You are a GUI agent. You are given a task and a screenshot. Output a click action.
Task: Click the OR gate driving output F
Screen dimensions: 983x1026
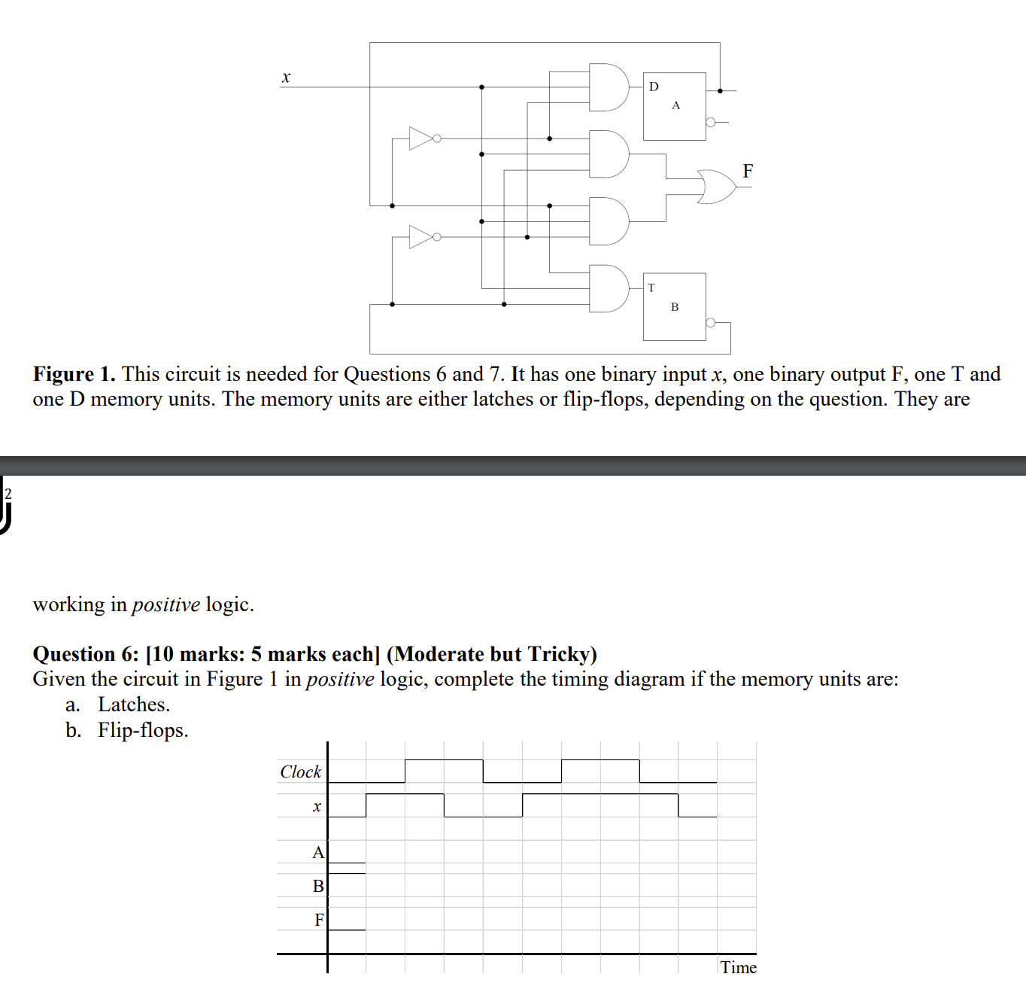tap(717, 187)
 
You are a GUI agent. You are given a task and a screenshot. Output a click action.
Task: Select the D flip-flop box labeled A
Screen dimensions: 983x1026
tap(674, 106)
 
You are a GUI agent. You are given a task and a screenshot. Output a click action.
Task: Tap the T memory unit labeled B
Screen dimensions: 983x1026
tap(674, 306)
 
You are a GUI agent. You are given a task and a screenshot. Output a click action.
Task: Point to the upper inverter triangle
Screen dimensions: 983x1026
tap(420, 138)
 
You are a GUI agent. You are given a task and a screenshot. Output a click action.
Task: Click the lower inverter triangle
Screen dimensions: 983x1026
tap(420, 236)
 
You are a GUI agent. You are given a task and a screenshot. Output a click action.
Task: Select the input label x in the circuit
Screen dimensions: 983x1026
tap(286, 78)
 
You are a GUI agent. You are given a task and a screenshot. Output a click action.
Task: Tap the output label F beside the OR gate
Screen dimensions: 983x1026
tap(748, 171)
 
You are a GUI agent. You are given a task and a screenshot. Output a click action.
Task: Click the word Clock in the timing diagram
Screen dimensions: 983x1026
tap(300, 771)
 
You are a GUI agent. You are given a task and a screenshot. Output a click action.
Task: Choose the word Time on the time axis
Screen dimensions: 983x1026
tap(738, 967)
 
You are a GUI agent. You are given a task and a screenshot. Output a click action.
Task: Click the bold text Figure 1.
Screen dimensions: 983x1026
tap(74, 374)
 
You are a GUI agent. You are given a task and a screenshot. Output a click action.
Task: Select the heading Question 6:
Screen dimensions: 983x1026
tap(86, 654)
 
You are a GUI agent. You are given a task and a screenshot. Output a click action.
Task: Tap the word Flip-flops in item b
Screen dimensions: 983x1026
tap(142, 730)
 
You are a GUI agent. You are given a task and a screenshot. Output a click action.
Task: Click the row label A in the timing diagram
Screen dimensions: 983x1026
tap(318, 853)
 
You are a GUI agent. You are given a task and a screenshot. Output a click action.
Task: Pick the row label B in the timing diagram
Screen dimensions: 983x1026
tap(318, 886)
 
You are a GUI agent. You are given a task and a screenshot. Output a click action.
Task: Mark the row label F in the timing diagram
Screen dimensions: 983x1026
tap(319, 919)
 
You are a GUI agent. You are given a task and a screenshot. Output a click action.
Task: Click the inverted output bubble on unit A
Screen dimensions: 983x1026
tap(710, 122)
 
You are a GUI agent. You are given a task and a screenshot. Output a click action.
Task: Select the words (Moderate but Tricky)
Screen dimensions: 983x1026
tap(492, 654)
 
